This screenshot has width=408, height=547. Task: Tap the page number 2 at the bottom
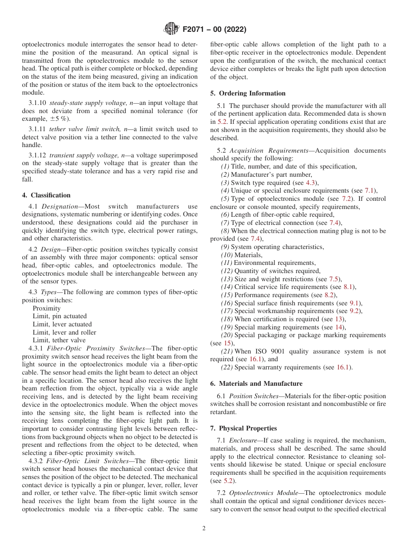pos(204,529)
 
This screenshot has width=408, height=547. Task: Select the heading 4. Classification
pos(46,195)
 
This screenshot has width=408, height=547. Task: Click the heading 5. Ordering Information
pos(248,93)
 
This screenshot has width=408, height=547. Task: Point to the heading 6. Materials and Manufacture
pos(256,383)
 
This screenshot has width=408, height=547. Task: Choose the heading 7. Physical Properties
pos(244,428)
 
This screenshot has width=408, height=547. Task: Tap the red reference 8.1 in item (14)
pos(349,287)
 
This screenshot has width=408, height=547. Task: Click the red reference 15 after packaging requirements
pos(227,343)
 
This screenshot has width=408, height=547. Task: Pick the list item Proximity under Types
pos(46,308)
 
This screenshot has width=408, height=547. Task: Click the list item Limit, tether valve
pos(59,340)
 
